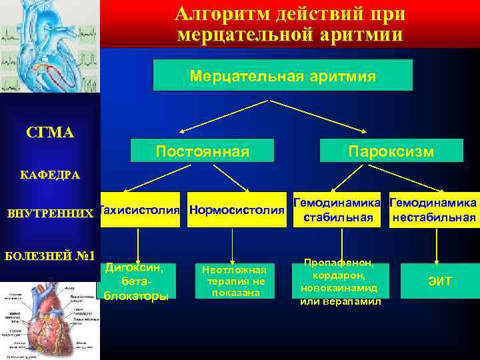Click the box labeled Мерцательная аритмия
[283, 75]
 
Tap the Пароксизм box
[391, 151]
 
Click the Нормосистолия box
[237, 210]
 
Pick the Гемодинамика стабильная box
[337, 210]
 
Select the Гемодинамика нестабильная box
[433, 210]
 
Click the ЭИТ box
[439, 281]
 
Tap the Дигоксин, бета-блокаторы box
[136, 281]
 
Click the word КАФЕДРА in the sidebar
[50, 175]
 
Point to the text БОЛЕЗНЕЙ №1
[50, 255]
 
